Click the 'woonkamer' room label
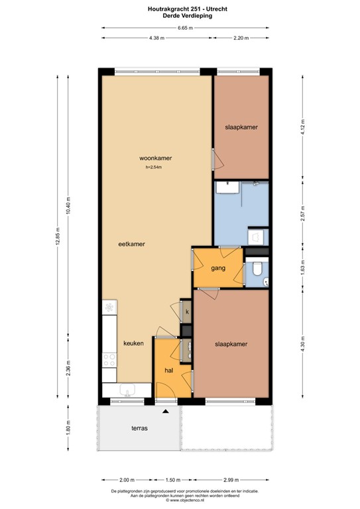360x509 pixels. click(x=156, y=158)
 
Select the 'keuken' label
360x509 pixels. click(x=133, y=343)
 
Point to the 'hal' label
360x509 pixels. click(x=168, y=371)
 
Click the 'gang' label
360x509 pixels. click(x=219, y=268)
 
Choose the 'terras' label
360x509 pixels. click(x=139, y=428)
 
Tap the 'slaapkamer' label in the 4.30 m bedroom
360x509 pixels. click(x=231, y=344)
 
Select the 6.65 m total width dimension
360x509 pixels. click(x=185, y=28)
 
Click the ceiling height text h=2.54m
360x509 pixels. click(x=154, y=168)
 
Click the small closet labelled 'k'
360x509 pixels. click(x=187, y=311)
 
